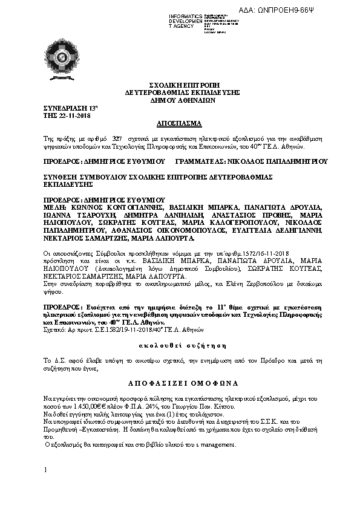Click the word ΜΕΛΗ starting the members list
tap(54, 207)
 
